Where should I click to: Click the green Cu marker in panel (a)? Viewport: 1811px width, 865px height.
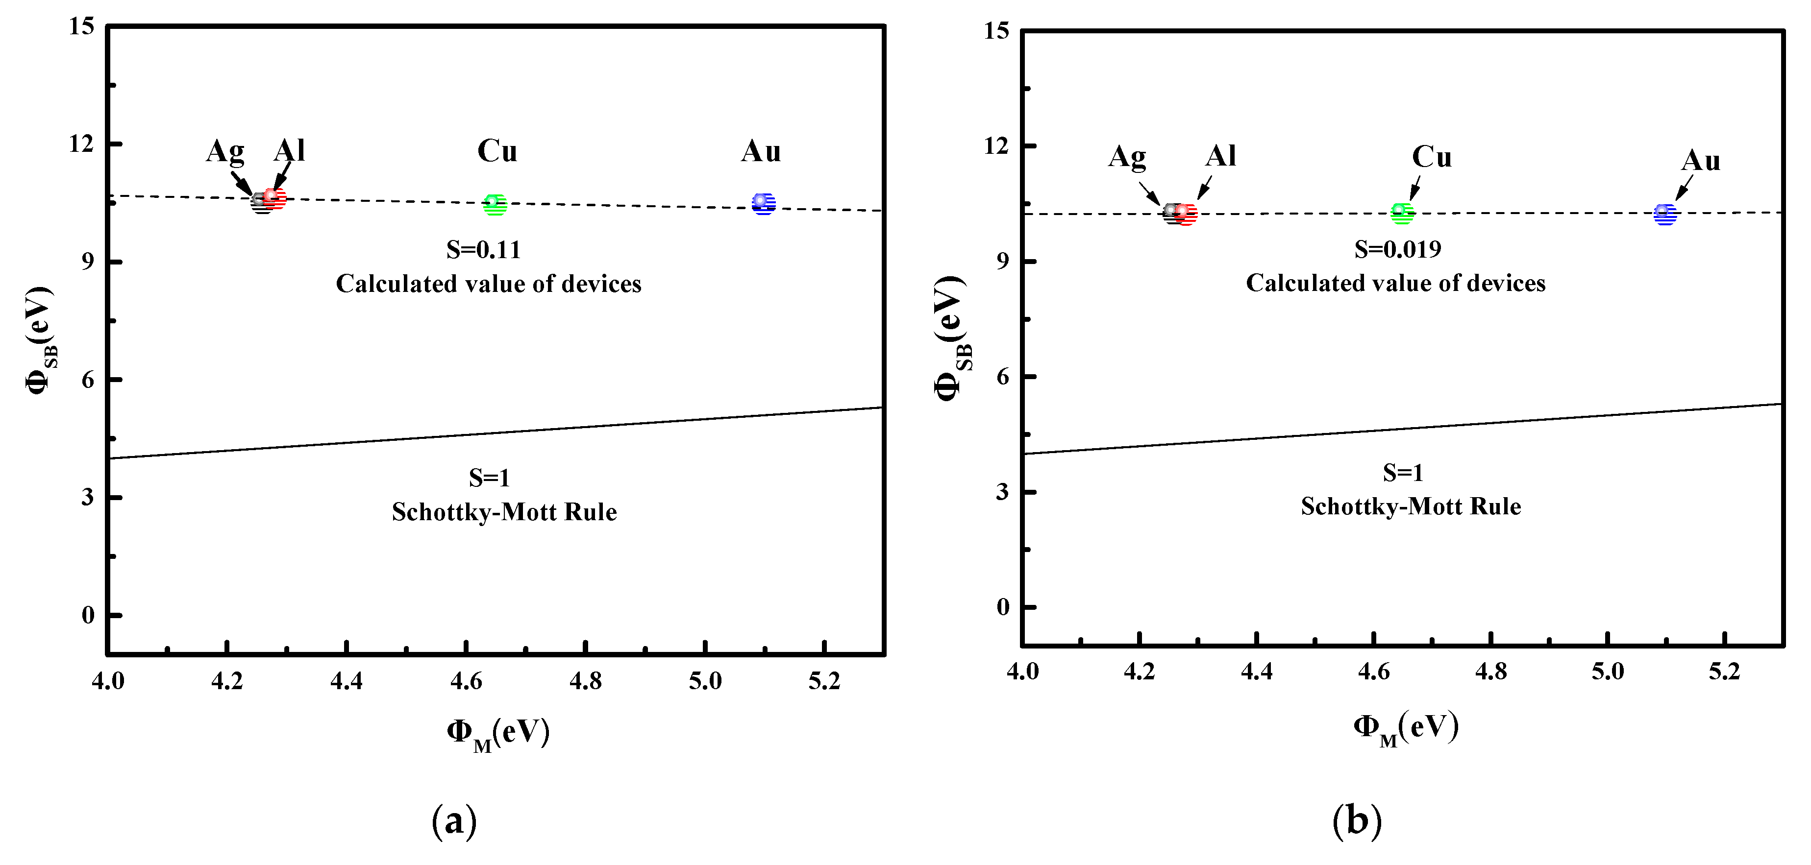pyautogui.click(x=495, y=204)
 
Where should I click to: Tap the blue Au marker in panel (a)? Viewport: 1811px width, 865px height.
pyautogui.click(x=764, y=204)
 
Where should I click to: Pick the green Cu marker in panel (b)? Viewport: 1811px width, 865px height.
pyautogui.click(x=1402, y=213)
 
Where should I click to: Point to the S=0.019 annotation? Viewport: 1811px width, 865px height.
pyautogui.click(x=1398, y=249)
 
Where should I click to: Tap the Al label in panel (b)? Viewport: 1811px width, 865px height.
pyautogui.click(x=1220, y=156)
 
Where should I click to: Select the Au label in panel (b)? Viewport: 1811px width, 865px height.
pyautogui.click(x=1701, y=161)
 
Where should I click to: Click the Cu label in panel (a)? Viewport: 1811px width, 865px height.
pyautogui.click(x=497, y=151)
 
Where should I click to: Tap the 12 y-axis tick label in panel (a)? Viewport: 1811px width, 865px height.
pyautogui.click(x=81, y=144)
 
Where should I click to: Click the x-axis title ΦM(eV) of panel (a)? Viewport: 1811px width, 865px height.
pyautogui.click(x=498, y=733)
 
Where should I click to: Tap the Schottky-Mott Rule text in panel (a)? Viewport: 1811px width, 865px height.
pyautogui.click(x=504, y=512)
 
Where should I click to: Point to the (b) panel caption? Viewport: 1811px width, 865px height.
pyautogui.click(x=1356, y=820)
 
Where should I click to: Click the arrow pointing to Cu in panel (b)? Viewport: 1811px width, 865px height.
pyautogui.click(x=1415, y=188)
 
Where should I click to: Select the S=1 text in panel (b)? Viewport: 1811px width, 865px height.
pyautogui.click(x=1403, y=473)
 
